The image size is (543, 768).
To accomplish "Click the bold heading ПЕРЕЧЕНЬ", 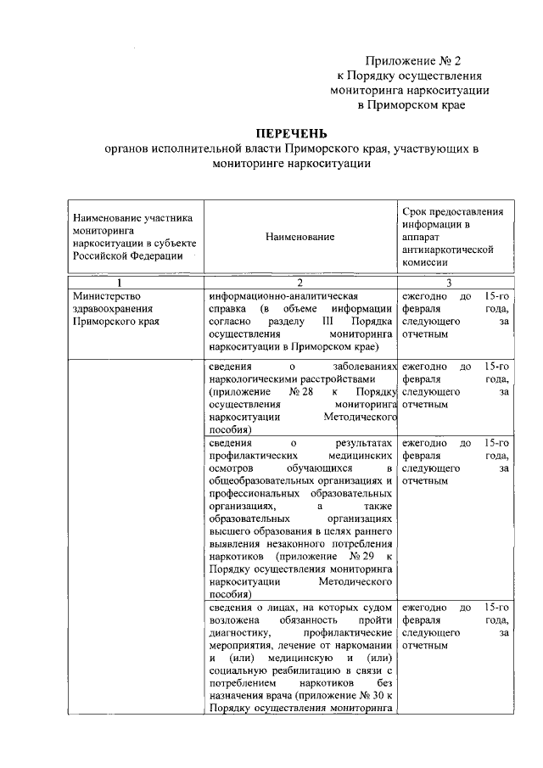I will (291, 134).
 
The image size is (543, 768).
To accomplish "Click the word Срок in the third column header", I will (414, 211).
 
